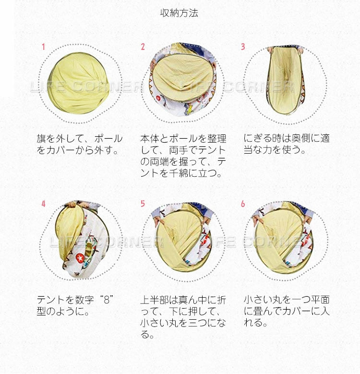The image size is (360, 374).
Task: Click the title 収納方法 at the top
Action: [179, 13]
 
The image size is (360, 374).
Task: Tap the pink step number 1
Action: [43, 47]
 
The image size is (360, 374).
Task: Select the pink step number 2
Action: [143, 47]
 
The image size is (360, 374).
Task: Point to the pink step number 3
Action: [243, 47]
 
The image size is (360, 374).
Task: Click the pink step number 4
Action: [43, 204]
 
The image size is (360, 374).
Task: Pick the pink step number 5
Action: [143, 204]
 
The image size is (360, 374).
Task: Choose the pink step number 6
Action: [243, 204]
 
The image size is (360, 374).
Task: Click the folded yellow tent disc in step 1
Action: [79, 83]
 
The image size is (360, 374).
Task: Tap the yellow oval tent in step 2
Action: [183, 77]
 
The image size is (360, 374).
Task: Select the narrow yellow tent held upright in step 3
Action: [285, 80]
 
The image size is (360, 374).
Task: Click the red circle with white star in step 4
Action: [80, 258]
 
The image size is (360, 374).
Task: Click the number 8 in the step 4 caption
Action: [107, 300]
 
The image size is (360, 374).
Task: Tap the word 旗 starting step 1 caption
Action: [41, 139]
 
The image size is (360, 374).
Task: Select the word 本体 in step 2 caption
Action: [149, 139]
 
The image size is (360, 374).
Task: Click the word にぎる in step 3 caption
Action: [257, 139]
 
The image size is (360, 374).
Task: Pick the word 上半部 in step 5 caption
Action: [155, 300]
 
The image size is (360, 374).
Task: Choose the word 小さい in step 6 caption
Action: [258, 300]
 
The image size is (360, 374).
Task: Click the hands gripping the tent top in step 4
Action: [77, 205]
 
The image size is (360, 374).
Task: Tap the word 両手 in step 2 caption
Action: [179, 150]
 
